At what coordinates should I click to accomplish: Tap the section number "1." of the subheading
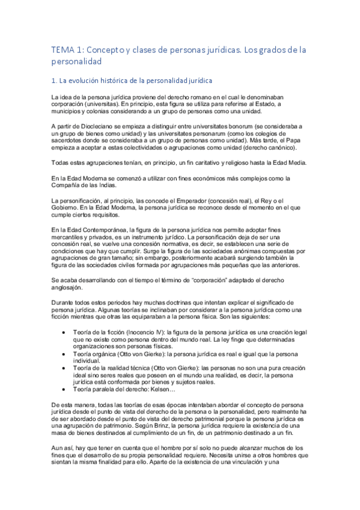pyautogui.click(x=54, y=79)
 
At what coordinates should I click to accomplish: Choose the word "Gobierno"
pyautogui.click(x=68, y=207)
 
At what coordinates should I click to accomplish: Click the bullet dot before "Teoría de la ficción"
pyautogui.click(x=64, y=333)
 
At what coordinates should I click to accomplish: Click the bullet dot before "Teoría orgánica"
pyautogui.click(x=64, y=355)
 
